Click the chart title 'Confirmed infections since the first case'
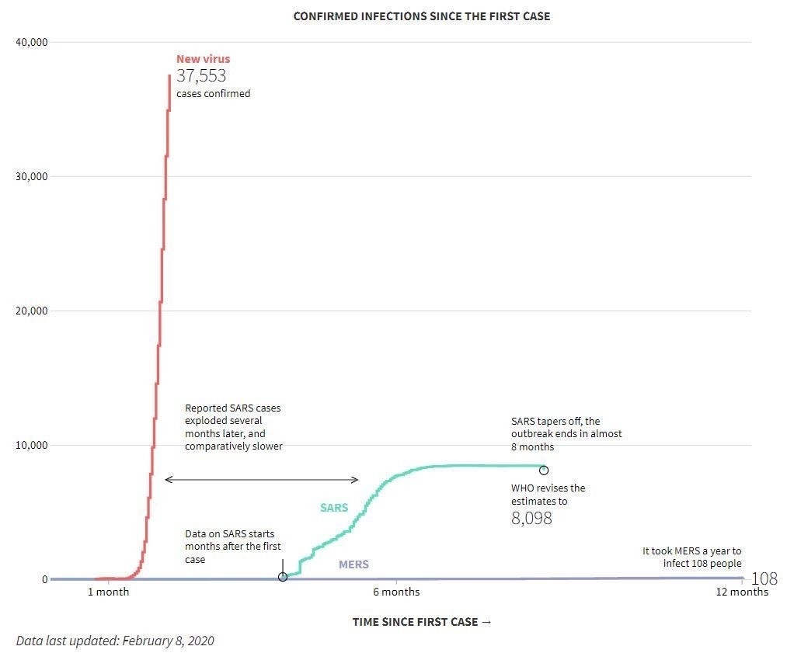[x=421, y=16]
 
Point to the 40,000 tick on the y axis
[x=32, y=42]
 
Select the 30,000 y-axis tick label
[x=32, y=176]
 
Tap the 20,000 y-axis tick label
[x=32, y=311]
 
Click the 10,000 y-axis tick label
[x=32, y=445]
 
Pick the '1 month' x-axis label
[x=108, y=592]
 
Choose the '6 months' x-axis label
[x=396, y=592]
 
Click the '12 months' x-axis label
[x=742, y=592]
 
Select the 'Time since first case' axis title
[x=421, y=622]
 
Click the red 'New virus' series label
[x=203, y=59]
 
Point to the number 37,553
[x=201, y=76]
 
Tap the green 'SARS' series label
[x=334, y=509]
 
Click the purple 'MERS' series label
[x=353, y=564]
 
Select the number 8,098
[x=531, y=519]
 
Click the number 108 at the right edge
[x=764, y=579]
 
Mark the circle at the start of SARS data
[x=283, y=577]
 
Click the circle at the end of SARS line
[x=544, y=471]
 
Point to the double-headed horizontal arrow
[x=262, y=480]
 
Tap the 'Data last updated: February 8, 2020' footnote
[x=115, y=641]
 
